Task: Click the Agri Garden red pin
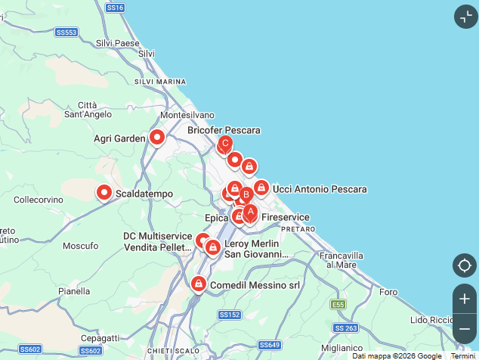coord(157,137)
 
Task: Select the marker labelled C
coord(224,142)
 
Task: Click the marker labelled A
coord(250,213)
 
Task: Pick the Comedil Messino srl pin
coord(198,284)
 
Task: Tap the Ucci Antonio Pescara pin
coord(261,187)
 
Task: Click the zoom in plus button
coord(464,299)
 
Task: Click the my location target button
coord(464,265)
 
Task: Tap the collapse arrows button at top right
coord(465,17)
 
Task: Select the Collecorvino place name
coord(39,200)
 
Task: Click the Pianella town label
coord(74,290)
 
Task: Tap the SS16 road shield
coord(115,7)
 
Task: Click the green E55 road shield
coord(338,304)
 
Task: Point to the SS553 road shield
coord(66,32)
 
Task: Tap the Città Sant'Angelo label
coord(88,110)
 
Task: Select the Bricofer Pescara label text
coord(224,130)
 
